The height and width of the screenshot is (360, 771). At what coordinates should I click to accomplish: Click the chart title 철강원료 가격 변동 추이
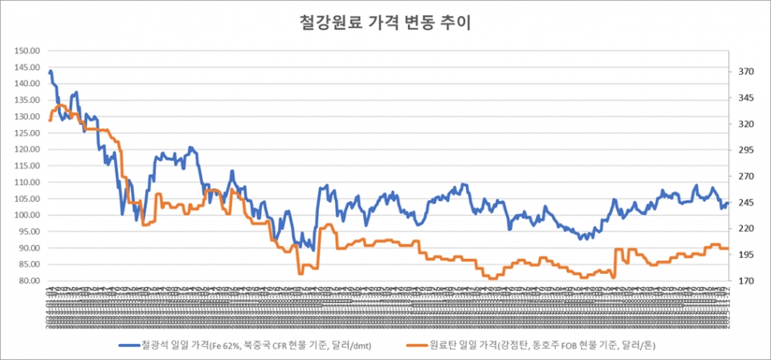pos(385,23)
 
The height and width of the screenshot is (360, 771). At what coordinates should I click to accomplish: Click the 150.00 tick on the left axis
pos(27,51)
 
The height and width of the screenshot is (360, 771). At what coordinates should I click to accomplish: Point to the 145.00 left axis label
pos(27,67)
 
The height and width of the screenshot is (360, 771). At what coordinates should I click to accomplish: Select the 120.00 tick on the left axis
pos(27,149)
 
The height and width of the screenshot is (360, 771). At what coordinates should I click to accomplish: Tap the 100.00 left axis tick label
pos(27,215)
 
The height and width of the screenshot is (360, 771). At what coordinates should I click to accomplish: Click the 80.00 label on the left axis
pos(29,281)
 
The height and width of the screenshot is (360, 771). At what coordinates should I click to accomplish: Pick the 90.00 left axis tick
pos(29,248)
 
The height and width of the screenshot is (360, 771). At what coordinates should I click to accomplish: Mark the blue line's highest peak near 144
pos(51,72)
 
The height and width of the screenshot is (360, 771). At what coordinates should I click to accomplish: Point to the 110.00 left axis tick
pos(27,182)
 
